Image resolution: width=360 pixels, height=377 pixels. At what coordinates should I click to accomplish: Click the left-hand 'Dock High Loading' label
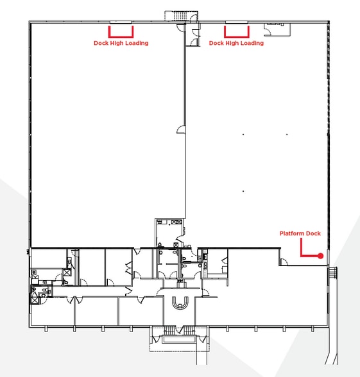(x=121, y=44)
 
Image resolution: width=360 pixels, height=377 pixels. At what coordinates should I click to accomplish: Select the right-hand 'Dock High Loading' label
(x=236, y=44)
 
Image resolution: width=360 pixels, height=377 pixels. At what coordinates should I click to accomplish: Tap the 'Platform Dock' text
(x=300, y=233)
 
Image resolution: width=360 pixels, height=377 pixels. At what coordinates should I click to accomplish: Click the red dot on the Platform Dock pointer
(x=321, y=256)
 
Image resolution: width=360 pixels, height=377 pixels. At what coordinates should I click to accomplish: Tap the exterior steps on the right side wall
(x=332, y=273)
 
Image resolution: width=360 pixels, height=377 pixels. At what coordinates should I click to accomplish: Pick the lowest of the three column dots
(x=243, y=191)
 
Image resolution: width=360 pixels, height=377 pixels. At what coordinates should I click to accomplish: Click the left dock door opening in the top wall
(x=121, y=22)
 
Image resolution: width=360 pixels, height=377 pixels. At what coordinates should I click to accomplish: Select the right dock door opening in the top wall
(x=237, y=22)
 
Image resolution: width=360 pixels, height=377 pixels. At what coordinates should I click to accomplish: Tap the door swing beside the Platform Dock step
(x=284, y=262)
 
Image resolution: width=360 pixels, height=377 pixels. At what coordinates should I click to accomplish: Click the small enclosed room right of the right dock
(x=277, y=29)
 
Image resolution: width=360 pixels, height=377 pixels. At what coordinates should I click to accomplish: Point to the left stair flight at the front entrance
(x=169, y=330)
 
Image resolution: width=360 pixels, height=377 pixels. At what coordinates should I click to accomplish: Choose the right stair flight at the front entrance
(x=189, y=330)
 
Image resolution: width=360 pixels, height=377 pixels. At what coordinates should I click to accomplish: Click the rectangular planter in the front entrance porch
(x=179, y=339)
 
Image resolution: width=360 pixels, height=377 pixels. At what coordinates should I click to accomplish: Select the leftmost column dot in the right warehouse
(x=243, y=135)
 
